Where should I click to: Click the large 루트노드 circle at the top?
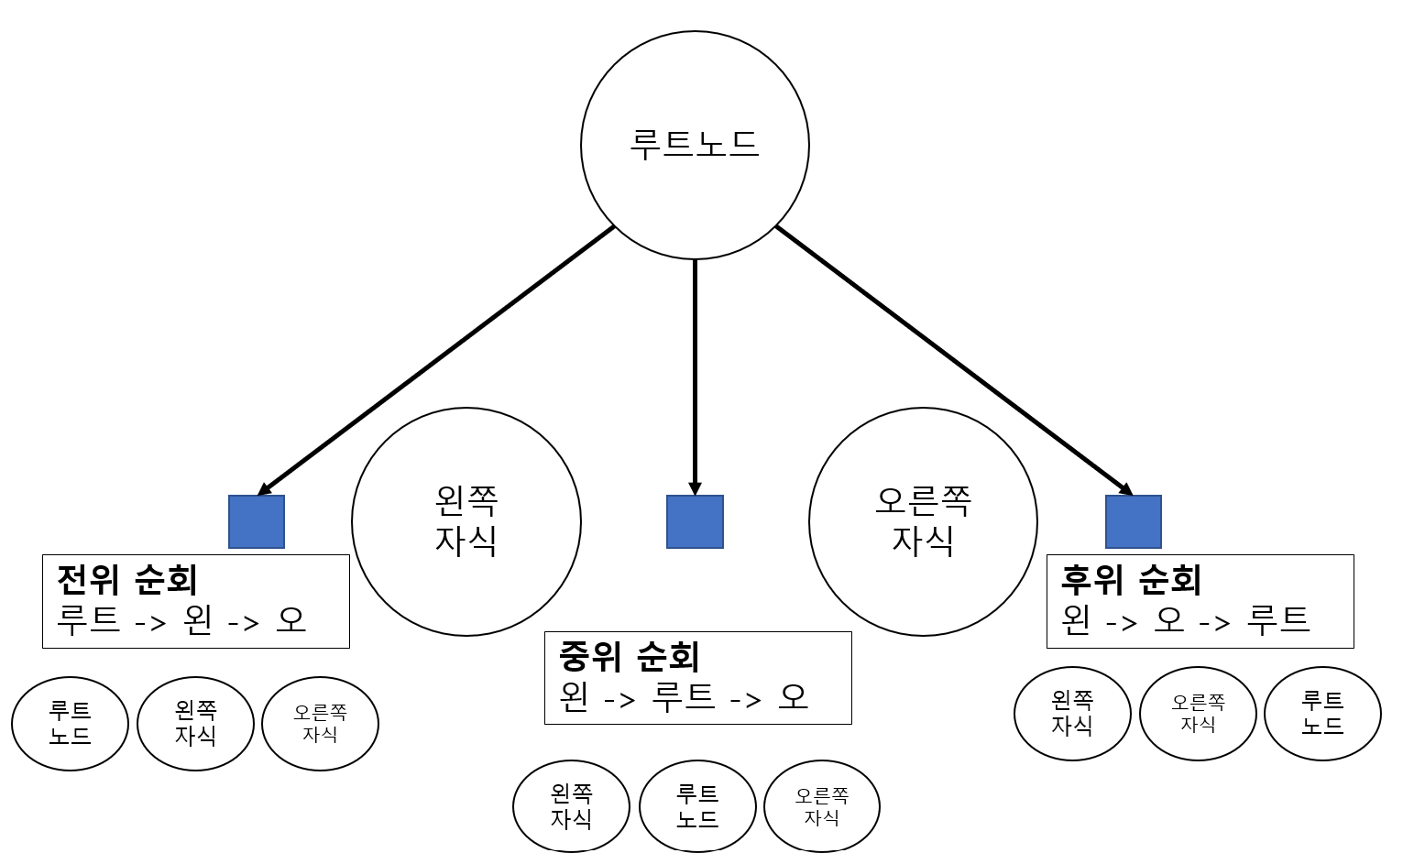click(695, 145)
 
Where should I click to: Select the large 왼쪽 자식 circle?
click(466, 521)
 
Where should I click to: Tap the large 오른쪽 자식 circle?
click(923, 521)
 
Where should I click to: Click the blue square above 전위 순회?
click(257, 521)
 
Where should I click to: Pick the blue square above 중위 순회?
click(695, 521)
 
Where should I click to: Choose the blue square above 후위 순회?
click(1134, 521)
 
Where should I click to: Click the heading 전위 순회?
click(127, 579)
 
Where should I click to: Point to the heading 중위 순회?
click(630, 656)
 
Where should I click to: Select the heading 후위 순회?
click(1131, 579)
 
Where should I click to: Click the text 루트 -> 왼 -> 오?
click(181, 620)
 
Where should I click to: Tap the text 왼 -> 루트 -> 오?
click(684, 697)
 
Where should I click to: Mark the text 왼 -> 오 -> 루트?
click(1185, 620)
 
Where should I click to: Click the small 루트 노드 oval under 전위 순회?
click(70, 723)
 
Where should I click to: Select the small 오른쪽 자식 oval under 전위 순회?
click(320, 723)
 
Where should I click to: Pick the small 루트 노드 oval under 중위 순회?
click(697, 806)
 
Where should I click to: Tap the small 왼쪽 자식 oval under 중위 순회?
click(571, 806)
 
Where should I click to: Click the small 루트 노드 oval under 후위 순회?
click(1322, 713)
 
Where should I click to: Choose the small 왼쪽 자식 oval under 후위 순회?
click(1072, 713)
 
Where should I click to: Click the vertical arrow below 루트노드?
click(695, 376)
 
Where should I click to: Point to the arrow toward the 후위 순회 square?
click(953, 359)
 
